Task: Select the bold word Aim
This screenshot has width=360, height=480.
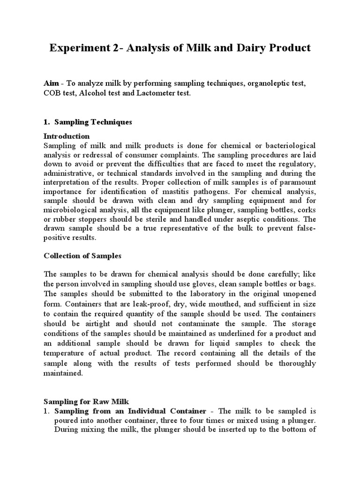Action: click(x=51, y=83)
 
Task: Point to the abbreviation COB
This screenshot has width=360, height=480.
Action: click(x=52, y=93)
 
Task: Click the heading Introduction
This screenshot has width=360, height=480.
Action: click(x=66, y=136)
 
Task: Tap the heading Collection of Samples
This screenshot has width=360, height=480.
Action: click(x=82, y=256)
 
